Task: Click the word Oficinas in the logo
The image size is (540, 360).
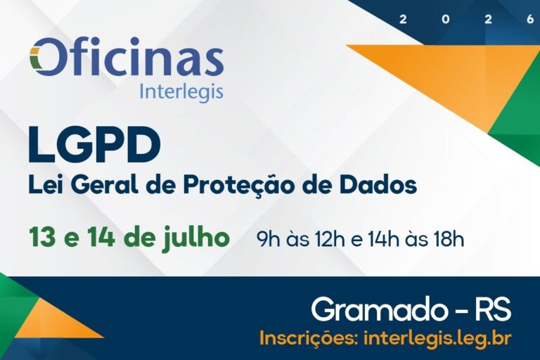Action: click(x=127, y=58)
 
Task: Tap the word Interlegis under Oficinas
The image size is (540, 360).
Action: click(x=181, y=92)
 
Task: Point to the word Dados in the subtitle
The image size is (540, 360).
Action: click(x=382, y=185)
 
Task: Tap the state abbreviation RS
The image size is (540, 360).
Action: click(x=493, y=309)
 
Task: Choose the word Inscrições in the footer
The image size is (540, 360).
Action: click(x=309, y=338)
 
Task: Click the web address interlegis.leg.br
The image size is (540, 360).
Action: click(x=437, y=338)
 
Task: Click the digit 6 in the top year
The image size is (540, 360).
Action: click(x=529, y=20)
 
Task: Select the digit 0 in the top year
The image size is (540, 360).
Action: click(x=446, y=20)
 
